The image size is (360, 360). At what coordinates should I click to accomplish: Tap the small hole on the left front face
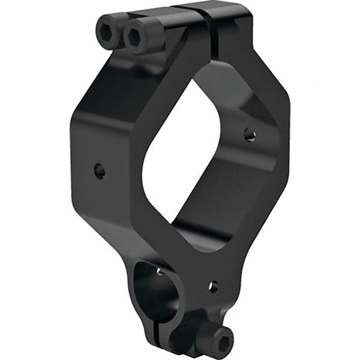point(100,171)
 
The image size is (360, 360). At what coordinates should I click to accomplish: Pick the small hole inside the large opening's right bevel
point(250,134)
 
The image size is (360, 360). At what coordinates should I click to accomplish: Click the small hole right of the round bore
point(212,286)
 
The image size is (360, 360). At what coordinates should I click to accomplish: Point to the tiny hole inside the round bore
point(159,271)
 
